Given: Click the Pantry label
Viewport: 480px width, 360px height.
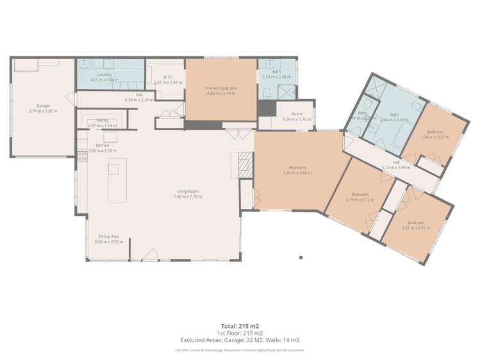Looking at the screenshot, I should [x=102, y=120].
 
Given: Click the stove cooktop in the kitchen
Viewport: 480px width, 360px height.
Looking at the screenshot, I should [x=82, y=154].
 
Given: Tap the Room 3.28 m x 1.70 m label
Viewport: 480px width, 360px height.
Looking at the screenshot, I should [x=297, y=117].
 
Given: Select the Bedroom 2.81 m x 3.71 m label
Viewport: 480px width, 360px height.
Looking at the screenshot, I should [x=414, y=225].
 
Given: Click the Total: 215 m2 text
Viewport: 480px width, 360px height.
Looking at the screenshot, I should [x=240, y=326].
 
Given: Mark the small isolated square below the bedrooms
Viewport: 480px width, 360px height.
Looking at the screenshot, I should [x=301, y=258].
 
